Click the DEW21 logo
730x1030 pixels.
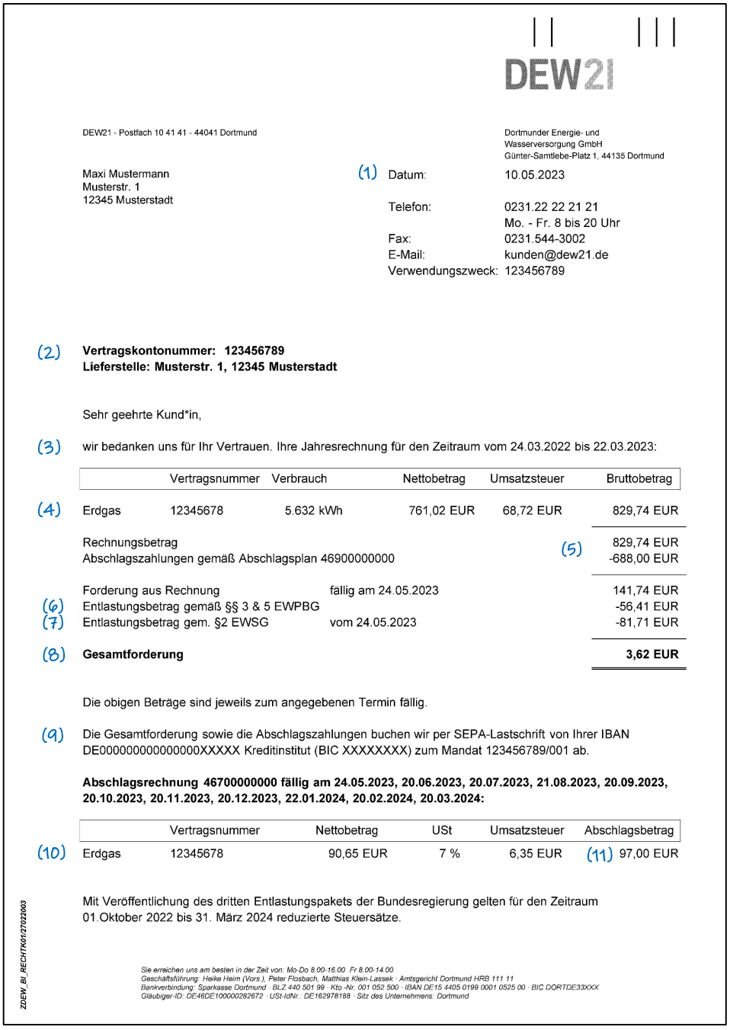click(x=559, y=74)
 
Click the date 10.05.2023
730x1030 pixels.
click(x=534, y=175)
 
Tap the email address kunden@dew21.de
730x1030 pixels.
click(x=556, y=255)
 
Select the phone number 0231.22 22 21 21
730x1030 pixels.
click(x=551, y=207)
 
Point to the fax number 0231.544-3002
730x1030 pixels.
click(x=545, y=239)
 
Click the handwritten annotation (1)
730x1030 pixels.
click(x=368, y=173)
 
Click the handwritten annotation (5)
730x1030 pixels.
click(x=572, y=549)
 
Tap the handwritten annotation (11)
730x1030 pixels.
click(x=600, y=855)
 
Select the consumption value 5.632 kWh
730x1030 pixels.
click(x=313, y=510)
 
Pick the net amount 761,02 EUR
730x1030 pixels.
click(x=441, y=510)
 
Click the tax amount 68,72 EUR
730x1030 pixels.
click(x=532, y=510)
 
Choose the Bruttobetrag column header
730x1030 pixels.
click(x=639, y=479)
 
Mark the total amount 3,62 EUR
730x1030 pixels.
click(x=652, y=654)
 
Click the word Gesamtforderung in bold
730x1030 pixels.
click(x=133, y=654)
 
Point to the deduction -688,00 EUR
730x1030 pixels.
click(x=643, y=558)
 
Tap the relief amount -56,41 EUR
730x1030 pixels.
click(x=646, y=606)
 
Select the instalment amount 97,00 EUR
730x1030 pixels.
click(x=648, y=854)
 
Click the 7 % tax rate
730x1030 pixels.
click(x=450, y=854)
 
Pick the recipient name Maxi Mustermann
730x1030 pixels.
click(x=126, y=174)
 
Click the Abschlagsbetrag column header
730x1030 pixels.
click(x=629, y=830)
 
